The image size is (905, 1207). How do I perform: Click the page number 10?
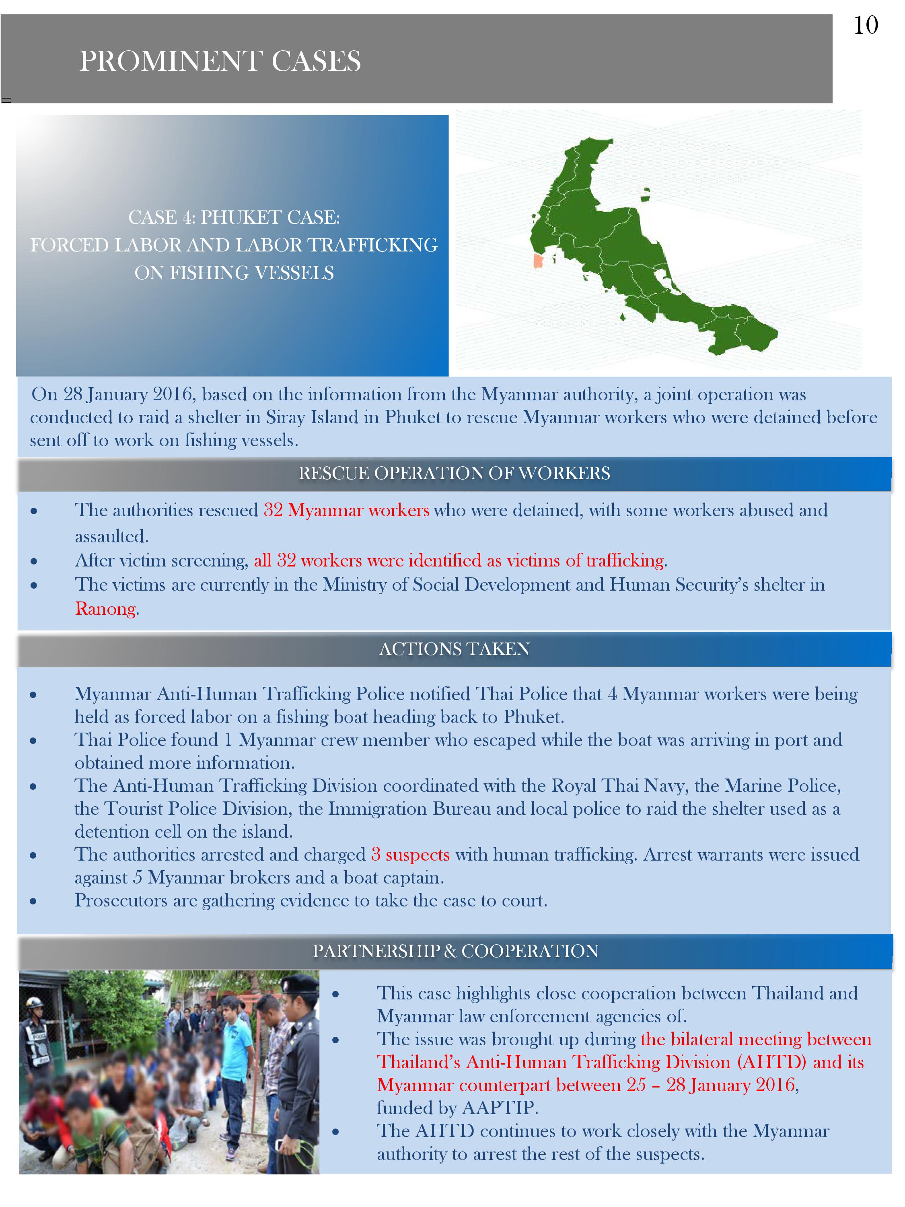tap(866, 26)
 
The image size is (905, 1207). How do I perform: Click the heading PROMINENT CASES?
tap(220, 61)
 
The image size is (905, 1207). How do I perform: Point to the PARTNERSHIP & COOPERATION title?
tap(455, 951)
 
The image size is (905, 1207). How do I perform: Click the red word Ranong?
tap(105, 608)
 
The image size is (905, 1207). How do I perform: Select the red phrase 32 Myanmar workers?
tap(346, 510)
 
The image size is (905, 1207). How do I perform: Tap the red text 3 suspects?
tap(410, 855)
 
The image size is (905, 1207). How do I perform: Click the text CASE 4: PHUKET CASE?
tap(234, 217)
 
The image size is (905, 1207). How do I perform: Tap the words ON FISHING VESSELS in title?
tap(234, 273)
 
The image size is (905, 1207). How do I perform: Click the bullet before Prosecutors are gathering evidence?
tap(33, 902)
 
